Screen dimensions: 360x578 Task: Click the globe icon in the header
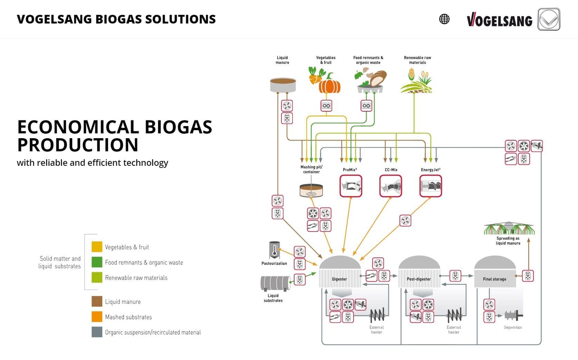444,19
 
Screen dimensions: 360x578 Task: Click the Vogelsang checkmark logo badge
549,19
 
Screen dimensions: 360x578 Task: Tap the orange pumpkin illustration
329,84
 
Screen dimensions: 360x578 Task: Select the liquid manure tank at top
283,84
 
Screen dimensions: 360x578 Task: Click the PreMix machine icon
351,186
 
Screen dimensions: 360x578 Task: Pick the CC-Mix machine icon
391,186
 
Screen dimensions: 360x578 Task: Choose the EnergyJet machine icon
431,186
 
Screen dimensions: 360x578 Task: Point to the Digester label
339,279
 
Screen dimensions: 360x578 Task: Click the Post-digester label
419,279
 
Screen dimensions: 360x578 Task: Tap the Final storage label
494,279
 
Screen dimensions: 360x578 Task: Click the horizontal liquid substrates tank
275,284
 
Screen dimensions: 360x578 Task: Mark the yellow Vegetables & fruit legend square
97,247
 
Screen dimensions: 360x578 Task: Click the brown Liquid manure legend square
97,302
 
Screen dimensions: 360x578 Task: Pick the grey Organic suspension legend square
97,332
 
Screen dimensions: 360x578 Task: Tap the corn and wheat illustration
416,81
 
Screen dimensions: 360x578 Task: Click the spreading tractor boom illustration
509,228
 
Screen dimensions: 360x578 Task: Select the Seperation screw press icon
513,315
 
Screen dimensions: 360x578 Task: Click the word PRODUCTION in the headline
78,145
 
